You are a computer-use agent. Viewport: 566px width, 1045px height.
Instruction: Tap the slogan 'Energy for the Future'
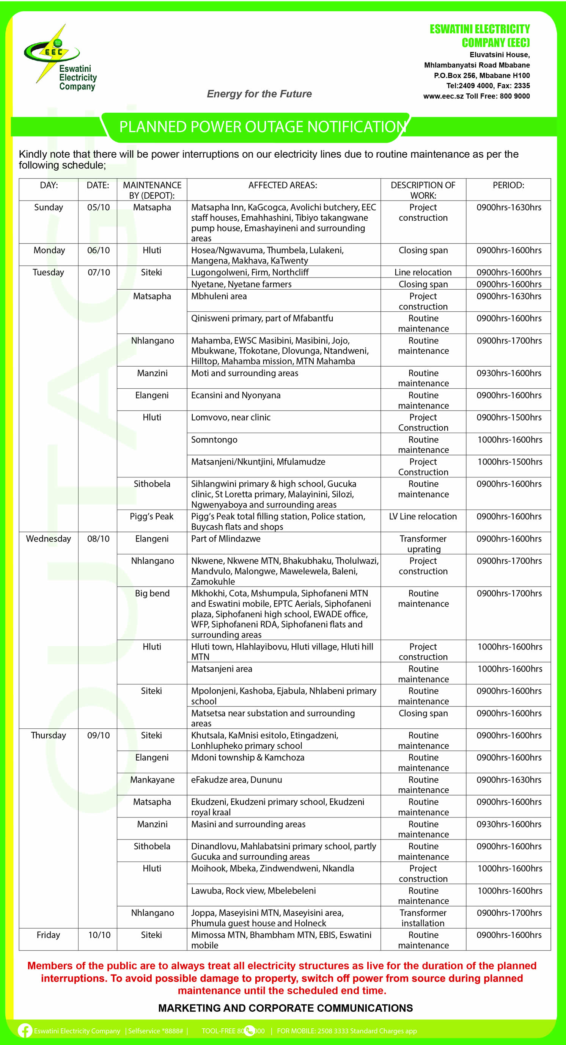(x=259, y=94)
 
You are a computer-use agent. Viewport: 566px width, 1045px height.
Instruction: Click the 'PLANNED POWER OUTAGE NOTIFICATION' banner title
(x=262, y=127)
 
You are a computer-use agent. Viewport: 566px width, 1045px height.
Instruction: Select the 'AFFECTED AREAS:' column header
(x=283, y=185)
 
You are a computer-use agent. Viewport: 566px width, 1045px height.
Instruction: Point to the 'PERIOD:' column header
(x=508, y=185)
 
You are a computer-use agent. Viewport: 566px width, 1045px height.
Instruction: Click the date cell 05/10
(x=99, y=207)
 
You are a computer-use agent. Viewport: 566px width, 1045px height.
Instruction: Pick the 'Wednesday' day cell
(x=48, y=539)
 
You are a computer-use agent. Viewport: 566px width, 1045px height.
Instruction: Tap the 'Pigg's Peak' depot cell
(x=152, y=516)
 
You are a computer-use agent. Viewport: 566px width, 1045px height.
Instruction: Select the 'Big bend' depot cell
(x=152, y=593)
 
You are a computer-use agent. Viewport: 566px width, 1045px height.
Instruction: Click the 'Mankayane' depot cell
(x=152, y=780)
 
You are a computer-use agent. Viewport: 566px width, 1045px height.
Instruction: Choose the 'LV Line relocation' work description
(x=423, y=516)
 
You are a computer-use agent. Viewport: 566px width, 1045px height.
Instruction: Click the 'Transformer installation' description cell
(x=423, y=918)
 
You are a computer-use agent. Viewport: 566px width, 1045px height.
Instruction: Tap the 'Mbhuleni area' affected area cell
(x=219, y=297)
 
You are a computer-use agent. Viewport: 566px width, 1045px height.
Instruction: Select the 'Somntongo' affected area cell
(x=214, y=440)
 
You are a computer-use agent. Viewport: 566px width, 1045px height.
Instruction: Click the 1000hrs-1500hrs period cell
(x=509, y=462)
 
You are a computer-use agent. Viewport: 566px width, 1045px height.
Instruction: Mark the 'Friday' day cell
(x=48, y=935)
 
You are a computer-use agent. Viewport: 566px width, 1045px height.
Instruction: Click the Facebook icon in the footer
(x=25, y=1031)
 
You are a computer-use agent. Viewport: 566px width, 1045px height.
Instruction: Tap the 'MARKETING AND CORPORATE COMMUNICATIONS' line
(x=285, y=1008)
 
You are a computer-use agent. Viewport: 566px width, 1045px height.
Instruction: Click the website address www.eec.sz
(x=443, y=97)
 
